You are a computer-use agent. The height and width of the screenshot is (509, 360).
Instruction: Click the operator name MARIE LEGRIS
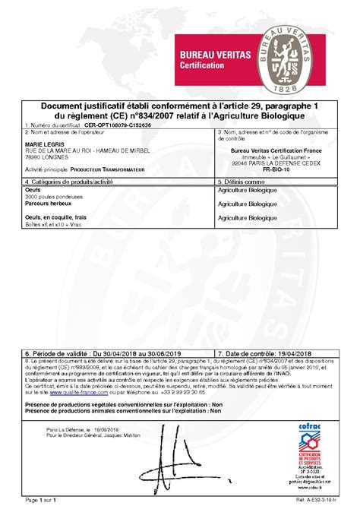44,142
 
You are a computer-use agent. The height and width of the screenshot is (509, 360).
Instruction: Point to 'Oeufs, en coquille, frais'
55,217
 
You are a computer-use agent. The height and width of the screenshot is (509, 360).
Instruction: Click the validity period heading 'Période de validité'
60,332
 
